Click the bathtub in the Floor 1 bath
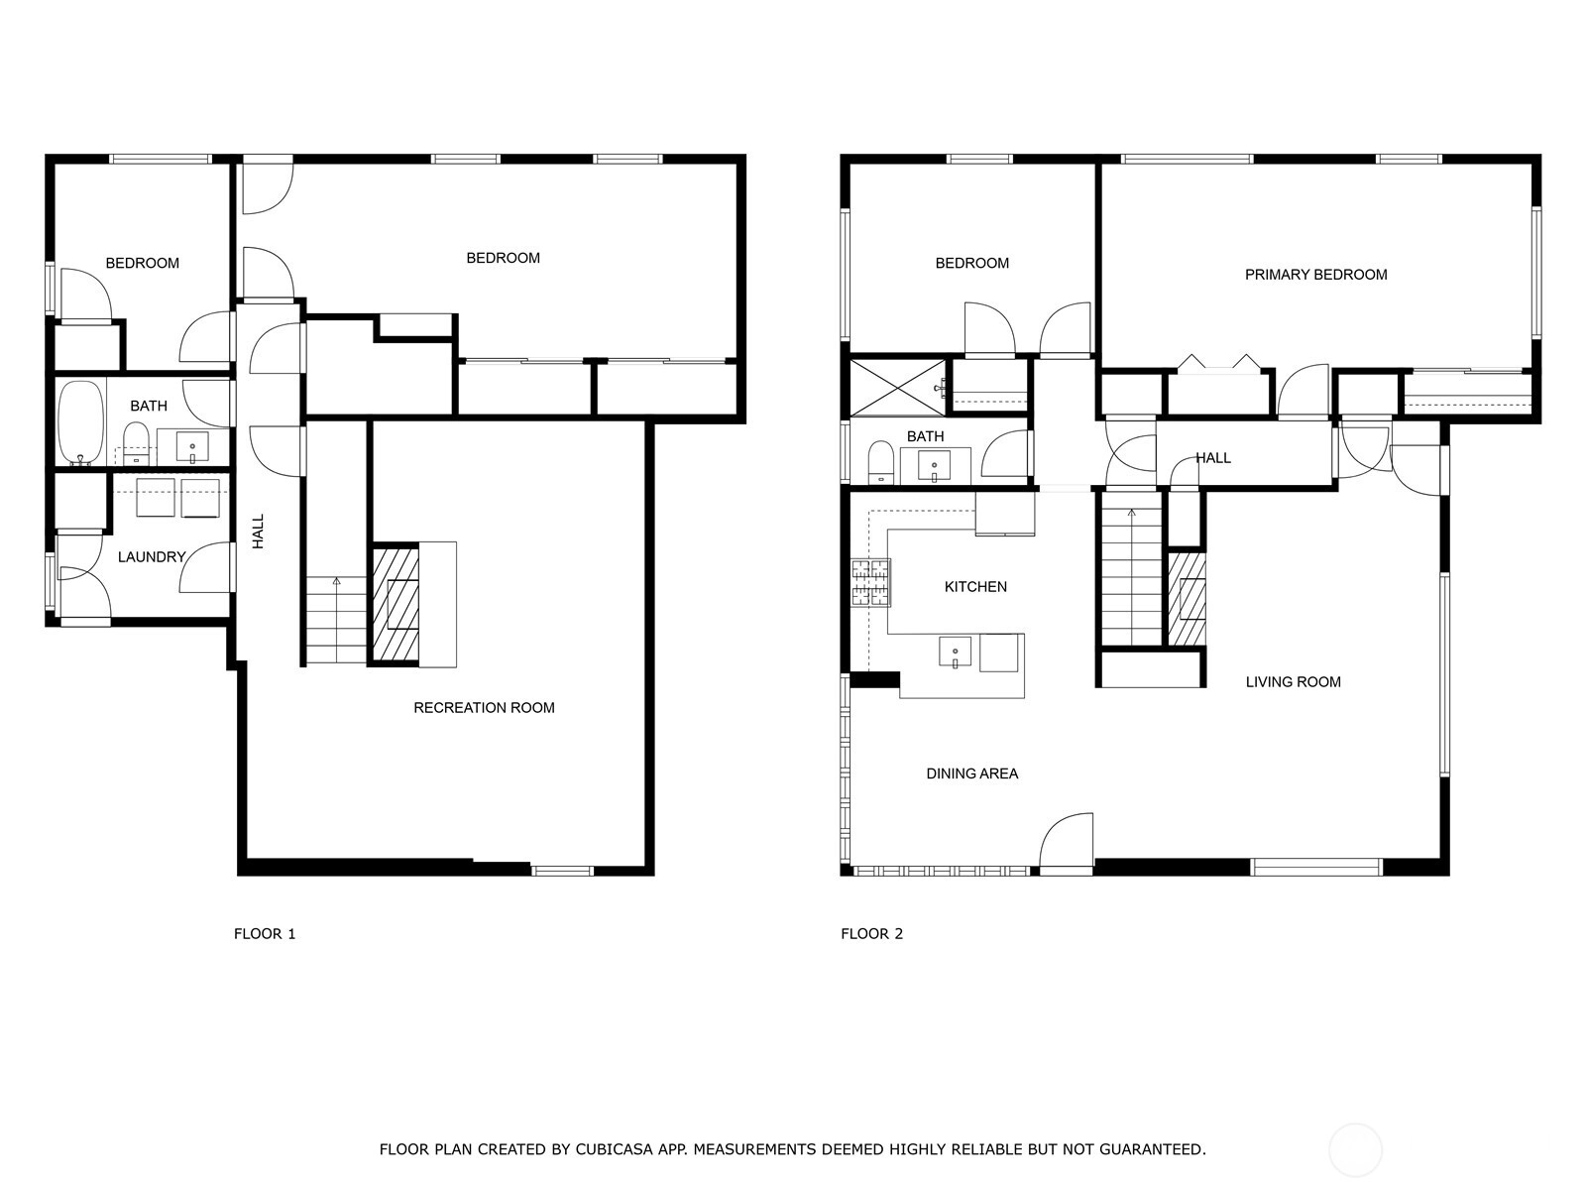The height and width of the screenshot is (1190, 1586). click(x=81, y=422)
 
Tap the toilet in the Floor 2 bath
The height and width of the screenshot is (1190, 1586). click(x=880, y=462)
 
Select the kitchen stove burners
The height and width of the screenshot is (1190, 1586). click(x=869, y=582)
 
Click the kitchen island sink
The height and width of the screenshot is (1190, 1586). click(x=955, y=653)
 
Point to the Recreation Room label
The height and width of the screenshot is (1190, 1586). click(x=484, y=708)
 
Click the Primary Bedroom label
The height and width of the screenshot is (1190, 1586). click(x=1315, y=275)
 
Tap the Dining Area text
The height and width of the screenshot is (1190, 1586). click(x=971, y=773)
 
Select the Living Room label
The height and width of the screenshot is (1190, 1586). click(x=1293, y=682)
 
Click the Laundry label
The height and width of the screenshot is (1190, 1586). click(x=152, y=557)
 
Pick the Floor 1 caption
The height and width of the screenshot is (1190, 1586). click(x=265, y=934)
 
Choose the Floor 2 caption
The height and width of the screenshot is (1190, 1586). click(x=871, y=934)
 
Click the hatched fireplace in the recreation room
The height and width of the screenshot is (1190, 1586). click(x=396, y=604)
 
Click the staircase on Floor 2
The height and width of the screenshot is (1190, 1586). click(x=1132, y=577)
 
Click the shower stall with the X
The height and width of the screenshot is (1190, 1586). click(x=897, y=388)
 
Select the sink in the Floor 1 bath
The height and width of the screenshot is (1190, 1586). click(x=193, y=447)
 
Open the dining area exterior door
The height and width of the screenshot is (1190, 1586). click(x=1066, y=841)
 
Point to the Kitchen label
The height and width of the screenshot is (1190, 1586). click(x=975, y=587)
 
